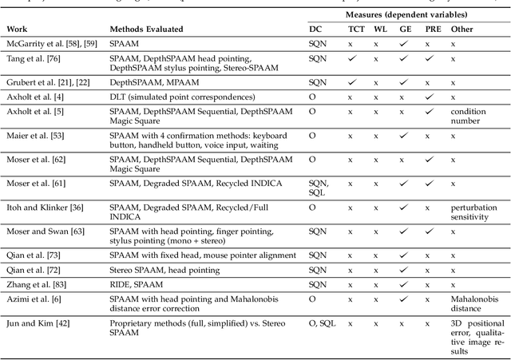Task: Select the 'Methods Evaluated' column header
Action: coord(146,29)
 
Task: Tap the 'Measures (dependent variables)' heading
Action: coord(405,14)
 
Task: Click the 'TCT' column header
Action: coord(355,29)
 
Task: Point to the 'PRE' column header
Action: coord(432,29)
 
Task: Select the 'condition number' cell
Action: coord(468,116)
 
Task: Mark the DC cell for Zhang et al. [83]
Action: coord(318,284)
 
